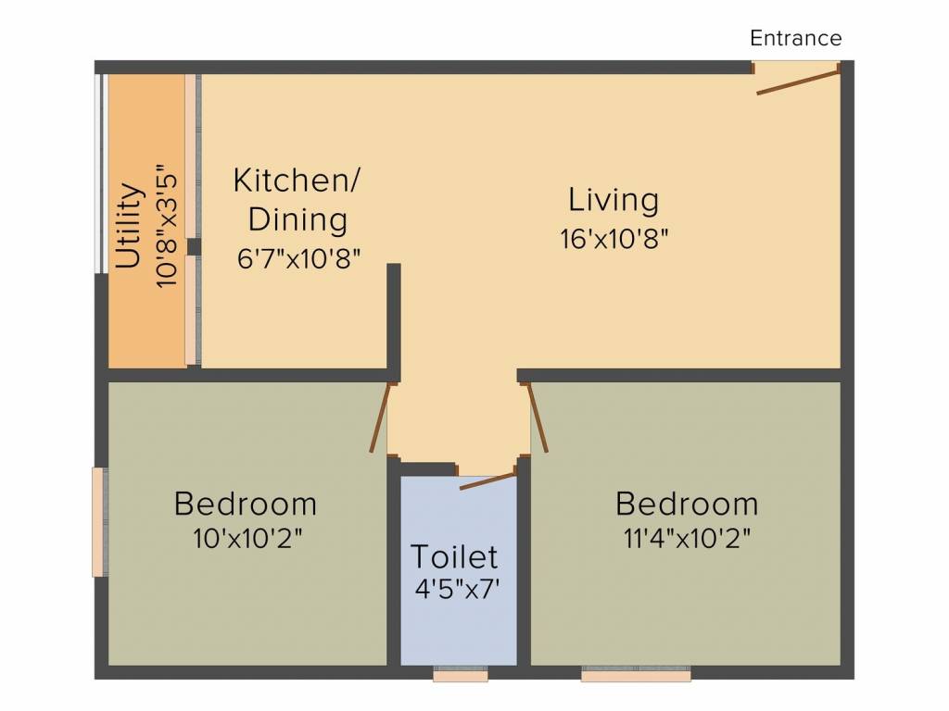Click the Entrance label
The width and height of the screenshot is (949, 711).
tap(795, 38)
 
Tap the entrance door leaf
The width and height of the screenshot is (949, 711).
tap(798, 82)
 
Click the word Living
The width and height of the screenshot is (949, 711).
tap(614, 200)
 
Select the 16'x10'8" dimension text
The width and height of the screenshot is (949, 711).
tap(614, 239)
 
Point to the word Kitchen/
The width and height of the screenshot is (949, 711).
tap(297, 181)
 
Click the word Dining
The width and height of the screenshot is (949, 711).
tap(297, 218)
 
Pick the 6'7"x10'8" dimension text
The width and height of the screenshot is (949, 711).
tap(299, 259)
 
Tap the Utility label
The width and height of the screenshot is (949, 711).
tap(129, 226)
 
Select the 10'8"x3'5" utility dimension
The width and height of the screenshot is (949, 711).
tap(167, 225)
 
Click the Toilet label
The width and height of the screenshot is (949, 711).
tap(454, 556)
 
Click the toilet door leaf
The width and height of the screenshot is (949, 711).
tap(487, 481)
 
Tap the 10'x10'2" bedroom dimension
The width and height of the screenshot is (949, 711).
tap(247, 538)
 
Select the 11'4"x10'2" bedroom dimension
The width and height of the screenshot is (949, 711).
tap(687, 538)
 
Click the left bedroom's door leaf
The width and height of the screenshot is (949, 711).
tap(380, 418)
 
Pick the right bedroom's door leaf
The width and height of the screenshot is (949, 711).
tap(538, 418)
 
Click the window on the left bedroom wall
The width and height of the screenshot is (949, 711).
tap(100, 522)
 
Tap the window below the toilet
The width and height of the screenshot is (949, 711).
tap(461, 674)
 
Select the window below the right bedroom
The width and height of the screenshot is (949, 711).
tap(636, 674)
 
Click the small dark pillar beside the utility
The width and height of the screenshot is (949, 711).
tap(194, 246)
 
